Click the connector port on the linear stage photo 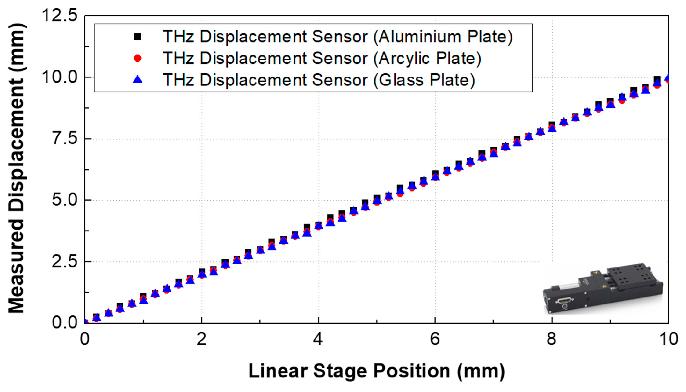pos(564,301)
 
